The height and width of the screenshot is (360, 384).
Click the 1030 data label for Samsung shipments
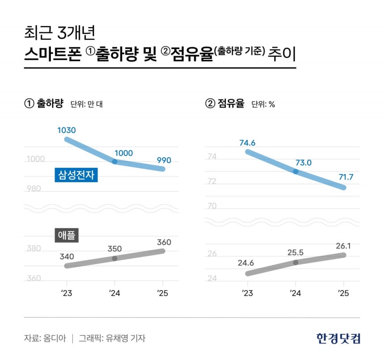pyautogui.click(x=67, y=130)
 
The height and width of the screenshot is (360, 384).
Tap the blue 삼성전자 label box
pyautogui.click(x=76, y=175)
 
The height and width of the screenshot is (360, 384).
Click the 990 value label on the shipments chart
pyautogui.click(x=163, y=160)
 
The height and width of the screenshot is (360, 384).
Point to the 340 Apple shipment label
pyautogui.click(x=67, y=257)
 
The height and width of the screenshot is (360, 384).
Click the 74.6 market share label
pyautogui.click(x=247, y=143)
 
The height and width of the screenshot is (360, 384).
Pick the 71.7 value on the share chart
pyautogui.click(x=346, y=177)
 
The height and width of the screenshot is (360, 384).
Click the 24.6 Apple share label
pyautogui.click(x=246, y=262)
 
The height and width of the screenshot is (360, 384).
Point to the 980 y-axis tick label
pyautogui.click(x=33, y=189)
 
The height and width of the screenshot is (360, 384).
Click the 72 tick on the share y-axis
pyautogui.click(x=212, y=182)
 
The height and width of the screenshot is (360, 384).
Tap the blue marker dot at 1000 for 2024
pyautogui.click(x=115, y=161)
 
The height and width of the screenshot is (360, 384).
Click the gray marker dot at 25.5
pyautogui.click(x=295, y=262)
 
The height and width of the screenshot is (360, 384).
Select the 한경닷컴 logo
pyautogui.click(x=338, y=338)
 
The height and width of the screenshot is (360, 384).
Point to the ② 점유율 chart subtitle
pyautogui.click(x=225, y=104)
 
